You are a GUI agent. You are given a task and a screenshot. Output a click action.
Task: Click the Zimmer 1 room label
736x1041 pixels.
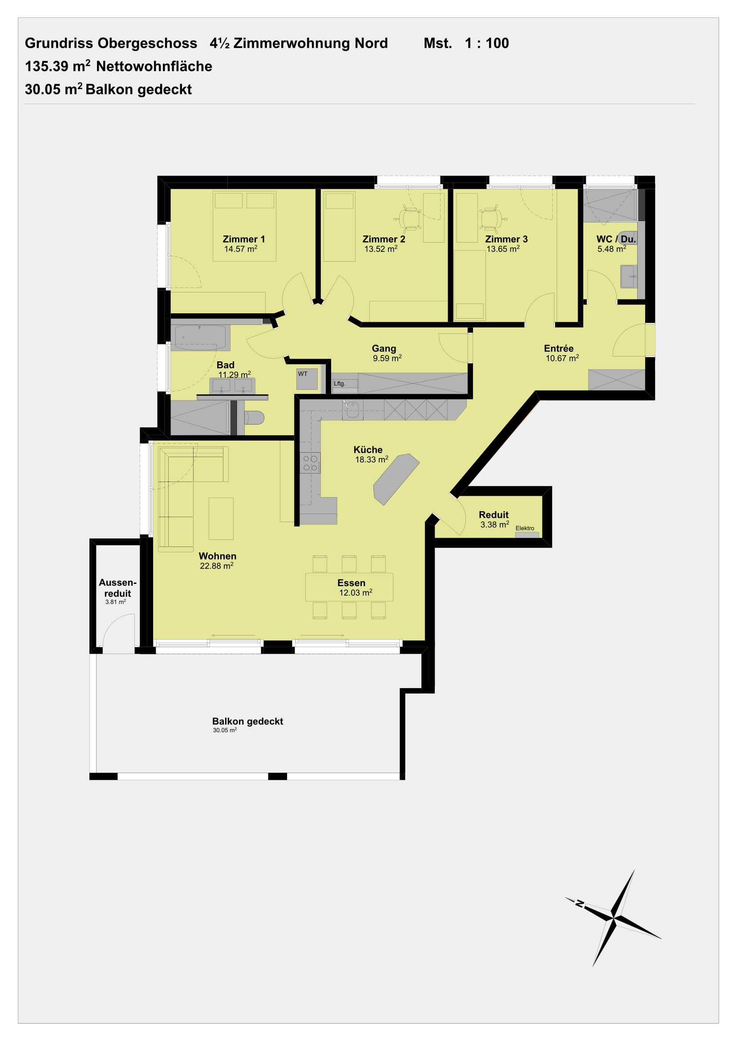[243, 239]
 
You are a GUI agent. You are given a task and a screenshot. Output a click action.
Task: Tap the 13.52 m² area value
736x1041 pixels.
[381, 249]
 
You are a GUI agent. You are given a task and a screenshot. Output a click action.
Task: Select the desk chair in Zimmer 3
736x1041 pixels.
[489, 219]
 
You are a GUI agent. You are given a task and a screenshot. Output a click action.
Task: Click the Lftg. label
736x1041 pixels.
[340, 384]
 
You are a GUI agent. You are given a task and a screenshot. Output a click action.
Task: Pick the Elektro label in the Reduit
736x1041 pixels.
[525, 528]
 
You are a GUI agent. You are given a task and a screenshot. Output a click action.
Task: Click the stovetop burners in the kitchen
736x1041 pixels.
[310, 463]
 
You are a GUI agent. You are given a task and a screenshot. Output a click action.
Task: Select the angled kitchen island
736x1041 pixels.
[396, 479]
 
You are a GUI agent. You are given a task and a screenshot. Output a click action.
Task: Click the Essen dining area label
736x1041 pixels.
[351, 583]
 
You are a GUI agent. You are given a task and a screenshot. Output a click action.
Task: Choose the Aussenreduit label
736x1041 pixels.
[117, 587]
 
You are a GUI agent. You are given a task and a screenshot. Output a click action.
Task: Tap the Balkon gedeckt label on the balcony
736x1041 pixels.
[247, 721]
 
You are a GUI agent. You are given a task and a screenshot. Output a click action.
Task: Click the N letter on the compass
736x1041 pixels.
[579, 903]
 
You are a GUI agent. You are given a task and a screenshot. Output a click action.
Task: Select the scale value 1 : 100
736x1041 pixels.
[487, 43]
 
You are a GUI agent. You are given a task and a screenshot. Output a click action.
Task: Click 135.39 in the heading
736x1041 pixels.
[47, 67]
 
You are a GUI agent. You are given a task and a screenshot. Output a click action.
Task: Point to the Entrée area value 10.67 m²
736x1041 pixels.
[562, 358]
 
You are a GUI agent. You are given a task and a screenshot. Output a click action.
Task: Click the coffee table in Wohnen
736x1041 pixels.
[221, 518]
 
